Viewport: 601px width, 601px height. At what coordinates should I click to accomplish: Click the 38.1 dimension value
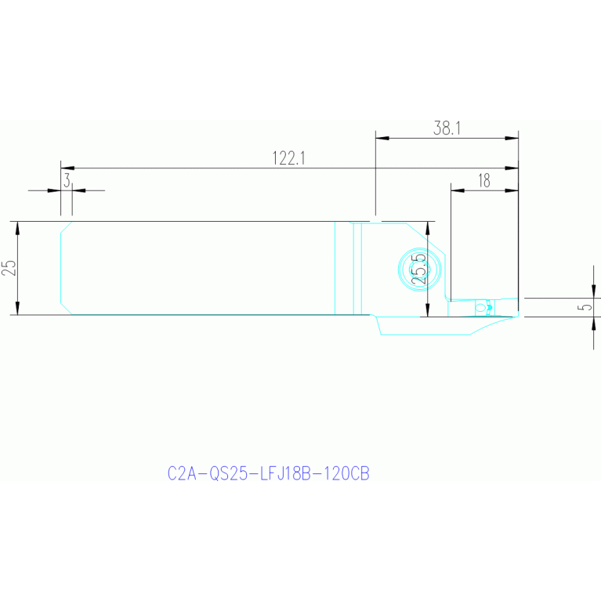447,128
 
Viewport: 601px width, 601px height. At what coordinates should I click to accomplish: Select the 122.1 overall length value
288,158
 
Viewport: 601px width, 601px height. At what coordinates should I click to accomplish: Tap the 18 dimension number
484,180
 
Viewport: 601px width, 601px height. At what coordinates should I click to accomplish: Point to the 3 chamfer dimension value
67,180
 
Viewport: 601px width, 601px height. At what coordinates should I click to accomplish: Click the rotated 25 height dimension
9,268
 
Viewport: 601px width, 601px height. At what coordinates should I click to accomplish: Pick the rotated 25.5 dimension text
418,269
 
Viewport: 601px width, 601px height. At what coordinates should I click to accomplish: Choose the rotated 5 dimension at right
586,307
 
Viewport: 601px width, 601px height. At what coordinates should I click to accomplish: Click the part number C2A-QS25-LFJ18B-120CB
268,474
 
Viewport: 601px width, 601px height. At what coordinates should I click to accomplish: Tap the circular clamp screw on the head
420,269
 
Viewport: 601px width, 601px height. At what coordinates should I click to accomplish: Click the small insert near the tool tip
484,307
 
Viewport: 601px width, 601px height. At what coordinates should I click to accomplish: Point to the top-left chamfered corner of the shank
67,227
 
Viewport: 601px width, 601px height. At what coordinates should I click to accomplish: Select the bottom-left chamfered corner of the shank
67,309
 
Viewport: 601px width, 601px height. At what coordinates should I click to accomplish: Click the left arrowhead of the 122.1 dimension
67,168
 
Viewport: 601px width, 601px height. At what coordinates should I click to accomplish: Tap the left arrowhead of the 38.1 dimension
382,138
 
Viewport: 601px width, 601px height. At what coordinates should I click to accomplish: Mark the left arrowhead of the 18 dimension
458,190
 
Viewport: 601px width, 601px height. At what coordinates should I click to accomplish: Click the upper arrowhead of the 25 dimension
17,229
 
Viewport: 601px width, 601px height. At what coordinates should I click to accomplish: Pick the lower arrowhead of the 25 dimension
17,308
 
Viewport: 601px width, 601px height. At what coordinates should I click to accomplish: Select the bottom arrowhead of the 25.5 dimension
428,310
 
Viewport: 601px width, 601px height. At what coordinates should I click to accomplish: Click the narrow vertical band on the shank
357,269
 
